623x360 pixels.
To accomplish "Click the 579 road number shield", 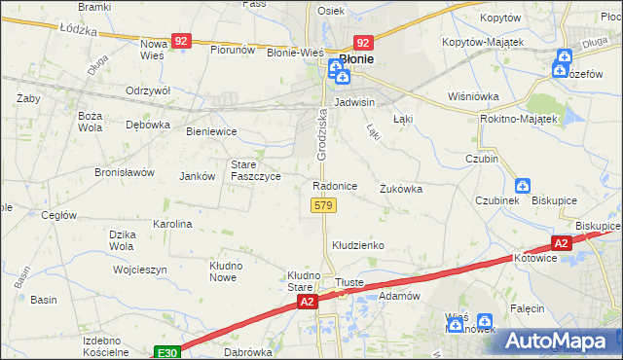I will pyautogui.click(x=323, y=205).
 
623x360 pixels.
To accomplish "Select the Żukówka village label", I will pyautogui.click(x=401, y=189).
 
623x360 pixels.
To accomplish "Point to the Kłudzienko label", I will pyautogui.click(x=358, y=246).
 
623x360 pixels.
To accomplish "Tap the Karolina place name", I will pyautogui.click(x=172, y=224).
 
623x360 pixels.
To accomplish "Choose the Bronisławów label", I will pyautogui.click(x=125, y=172).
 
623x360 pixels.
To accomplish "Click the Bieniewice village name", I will pyautogui.click(x=211, y=130).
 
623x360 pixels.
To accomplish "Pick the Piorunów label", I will pyautogui.click(x=233, y=50).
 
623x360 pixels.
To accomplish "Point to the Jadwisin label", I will pyautogui.click(x=354, y=101).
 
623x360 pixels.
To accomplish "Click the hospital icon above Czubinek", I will pyautogui.click(x=523, y=185).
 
